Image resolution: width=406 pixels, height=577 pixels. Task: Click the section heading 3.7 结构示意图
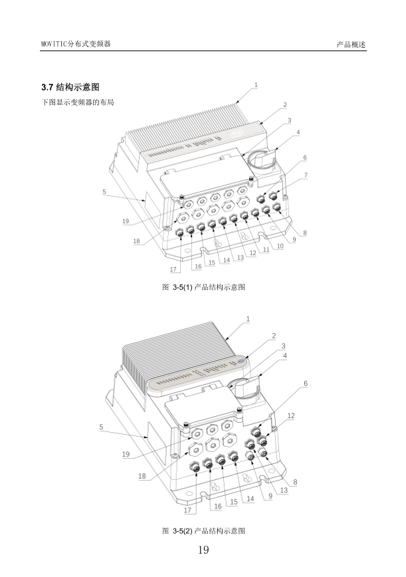[x=70, y=87]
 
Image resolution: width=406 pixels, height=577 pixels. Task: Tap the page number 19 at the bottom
[x=203, y=550]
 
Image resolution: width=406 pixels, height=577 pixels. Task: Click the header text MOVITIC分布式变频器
[x=76, y=44]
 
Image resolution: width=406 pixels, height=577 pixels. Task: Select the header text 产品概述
[x=352, y=45]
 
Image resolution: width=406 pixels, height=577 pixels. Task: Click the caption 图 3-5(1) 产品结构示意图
[x=203, y=287]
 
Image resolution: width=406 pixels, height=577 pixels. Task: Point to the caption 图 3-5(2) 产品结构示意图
[x=203, y=530]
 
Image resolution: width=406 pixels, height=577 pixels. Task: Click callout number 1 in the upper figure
[x=256, y=85]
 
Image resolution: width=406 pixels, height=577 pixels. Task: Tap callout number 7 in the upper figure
[x=306, y=175]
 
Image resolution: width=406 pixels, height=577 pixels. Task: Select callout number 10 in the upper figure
[x=280, y=246]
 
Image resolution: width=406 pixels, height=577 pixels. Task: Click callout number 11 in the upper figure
[x=266, y=249]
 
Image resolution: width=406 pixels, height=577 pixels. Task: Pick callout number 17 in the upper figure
[x=173, y=269]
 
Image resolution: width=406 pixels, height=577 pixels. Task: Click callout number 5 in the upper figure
[x=104, y=191]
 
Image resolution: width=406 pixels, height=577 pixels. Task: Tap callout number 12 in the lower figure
[x=291, y=416]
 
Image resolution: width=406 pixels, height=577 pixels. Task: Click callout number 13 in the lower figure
[x=284, y=490]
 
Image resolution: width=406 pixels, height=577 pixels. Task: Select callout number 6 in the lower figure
[x=306, y=384]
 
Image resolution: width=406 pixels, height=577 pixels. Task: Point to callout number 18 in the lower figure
[x=142, y=476]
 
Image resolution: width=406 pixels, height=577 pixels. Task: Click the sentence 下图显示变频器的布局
[x=78, y=102]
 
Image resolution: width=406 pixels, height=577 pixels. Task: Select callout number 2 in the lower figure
[x=274, y=336]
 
